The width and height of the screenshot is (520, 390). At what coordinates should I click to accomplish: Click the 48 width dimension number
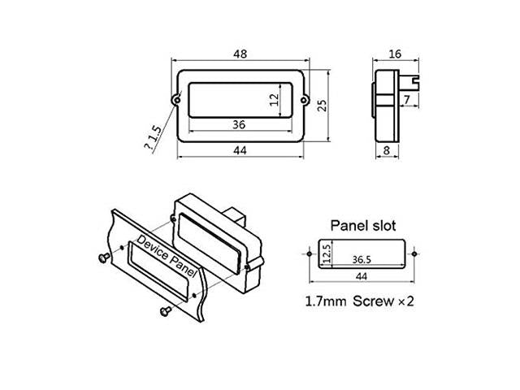(240, 54)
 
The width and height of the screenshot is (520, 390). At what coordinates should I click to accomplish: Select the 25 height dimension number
(322, 106)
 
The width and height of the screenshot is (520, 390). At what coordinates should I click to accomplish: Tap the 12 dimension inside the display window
(275, 100)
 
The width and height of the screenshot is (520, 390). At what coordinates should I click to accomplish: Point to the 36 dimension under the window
(239, 124)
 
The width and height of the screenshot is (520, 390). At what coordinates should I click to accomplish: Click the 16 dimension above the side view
(395, 54)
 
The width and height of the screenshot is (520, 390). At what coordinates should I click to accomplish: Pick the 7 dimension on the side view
(407, 99)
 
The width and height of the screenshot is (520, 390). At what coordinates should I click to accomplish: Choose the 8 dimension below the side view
(387, 150)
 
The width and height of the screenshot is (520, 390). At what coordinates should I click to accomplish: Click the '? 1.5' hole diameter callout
(153, 137)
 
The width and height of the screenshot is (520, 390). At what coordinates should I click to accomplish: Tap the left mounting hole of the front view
(177, 99)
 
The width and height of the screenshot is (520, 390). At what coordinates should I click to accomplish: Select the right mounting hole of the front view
(305, 99)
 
